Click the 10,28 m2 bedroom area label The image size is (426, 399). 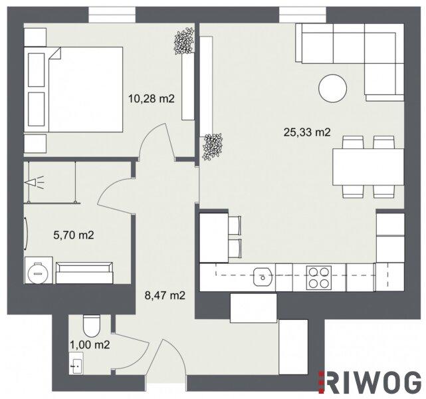click(152, 98)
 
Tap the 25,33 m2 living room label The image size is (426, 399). click(307, 132)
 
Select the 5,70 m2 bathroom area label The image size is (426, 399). click(74, 235)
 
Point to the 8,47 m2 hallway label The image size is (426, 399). click(165, 295)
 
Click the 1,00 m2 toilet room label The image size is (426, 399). click(90, 345)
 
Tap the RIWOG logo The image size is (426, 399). click(370, 382)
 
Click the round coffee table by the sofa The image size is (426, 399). click(332, 88)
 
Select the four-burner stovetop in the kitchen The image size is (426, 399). click(319, 277)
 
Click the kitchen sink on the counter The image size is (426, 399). click(263, 277)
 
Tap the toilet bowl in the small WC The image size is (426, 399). click(92, 326)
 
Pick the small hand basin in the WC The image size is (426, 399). click(76, 363)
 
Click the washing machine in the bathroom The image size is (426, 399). click(39, 271)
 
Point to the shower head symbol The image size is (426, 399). click(34, 182)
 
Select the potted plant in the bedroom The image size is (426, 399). click(184, 41)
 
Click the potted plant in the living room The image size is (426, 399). click(213, 147)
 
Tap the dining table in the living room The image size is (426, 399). click(368, 167)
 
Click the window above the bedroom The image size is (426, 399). click(112, 15)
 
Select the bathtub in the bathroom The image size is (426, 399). click(84, 273)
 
